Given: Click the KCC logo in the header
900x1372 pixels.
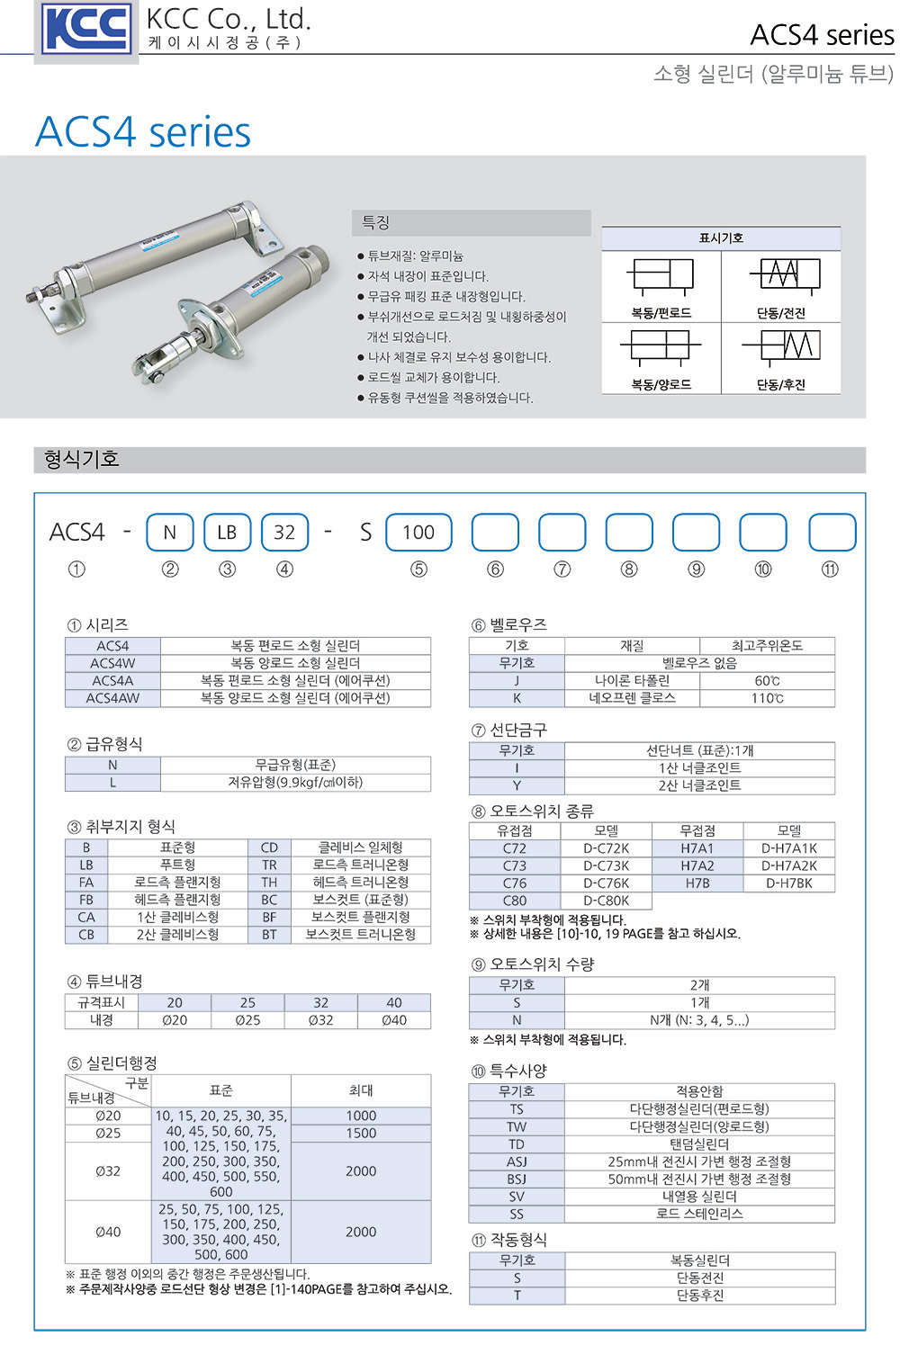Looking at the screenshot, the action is [86, 28].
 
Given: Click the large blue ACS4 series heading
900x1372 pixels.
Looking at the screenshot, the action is [143, 131].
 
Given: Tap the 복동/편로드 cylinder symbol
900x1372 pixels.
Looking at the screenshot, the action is [661, 274].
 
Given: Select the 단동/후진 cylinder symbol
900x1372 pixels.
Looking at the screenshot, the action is [782, 345].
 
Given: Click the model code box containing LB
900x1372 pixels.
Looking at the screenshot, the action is [228, 533].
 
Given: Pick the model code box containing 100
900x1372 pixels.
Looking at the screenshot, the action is [419, 533].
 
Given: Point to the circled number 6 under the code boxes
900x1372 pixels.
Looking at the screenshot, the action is [495, 569].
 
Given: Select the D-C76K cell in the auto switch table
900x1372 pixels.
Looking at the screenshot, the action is [606, 883].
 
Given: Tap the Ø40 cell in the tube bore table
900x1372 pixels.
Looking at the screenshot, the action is [394, 1020].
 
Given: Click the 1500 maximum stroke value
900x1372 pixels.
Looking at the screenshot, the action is [361, 1133].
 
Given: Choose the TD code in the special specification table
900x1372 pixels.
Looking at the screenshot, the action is [517, 1144].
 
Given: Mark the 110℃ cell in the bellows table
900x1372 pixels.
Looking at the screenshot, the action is [767, 698].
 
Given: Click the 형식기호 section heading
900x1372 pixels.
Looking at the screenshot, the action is [82, 459].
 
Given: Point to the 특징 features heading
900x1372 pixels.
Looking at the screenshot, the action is [375, 221].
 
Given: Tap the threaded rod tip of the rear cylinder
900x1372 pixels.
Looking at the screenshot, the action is [31, 299].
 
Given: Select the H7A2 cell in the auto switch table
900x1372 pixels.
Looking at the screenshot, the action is [697, 866].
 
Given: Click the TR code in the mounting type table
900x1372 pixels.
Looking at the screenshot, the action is [269, 865].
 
